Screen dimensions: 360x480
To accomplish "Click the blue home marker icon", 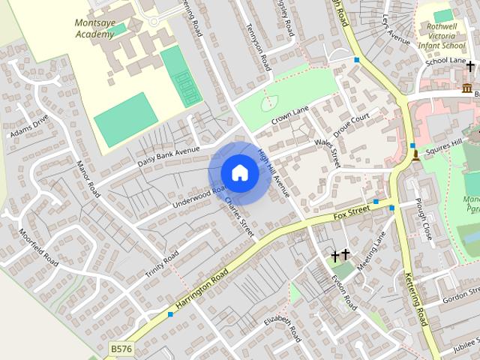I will tap(239, 172).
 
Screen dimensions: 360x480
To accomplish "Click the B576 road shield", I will tap(119, 349).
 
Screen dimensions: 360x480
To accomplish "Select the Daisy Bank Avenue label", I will tap(168, 156).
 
